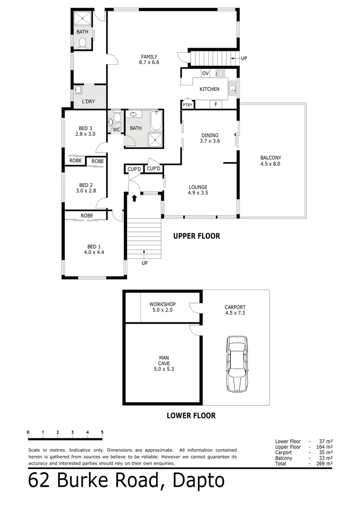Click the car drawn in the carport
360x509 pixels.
tap(236, 364)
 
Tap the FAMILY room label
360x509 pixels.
tap(148, 57)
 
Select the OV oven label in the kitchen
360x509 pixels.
tap(205, 73)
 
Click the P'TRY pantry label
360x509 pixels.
tap(188, 105)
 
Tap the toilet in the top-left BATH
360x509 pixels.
tap(83, 43)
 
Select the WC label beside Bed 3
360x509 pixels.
tap(116, 129)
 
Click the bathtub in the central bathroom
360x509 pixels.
tap(156, 120)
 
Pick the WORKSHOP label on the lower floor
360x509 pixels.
tap(162, 304)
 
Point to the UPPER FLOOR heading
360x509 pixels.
tap(196, 236)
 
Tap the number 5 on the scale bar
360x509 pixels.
tap(102, 432)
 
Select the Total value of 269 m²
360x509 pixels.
tap(326, 464)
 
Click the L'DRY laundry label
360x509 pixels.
tap(89, 101)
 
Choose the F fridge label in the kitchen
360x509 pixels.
tap(215, 104)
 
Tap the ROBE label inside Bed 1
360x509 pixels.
tap(86, 215)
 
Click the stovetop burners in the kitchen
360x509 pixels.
tap(220, 73)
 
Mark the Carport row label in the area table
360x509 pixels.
tap(284, 452)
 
